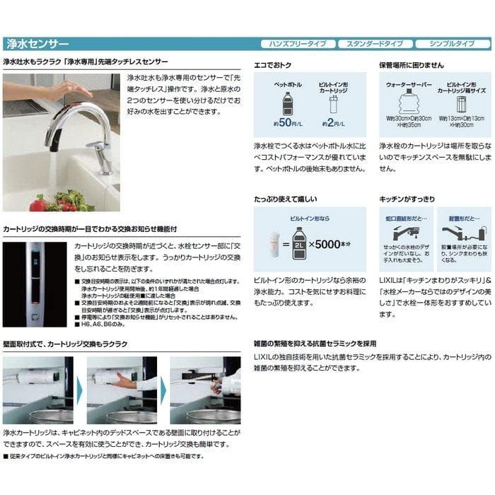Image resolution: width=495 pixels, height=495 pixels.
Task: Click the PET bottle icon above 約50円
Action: click(287, 104)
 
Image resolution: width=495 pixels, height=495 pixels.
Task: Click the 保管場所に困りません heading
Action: click(412, 64)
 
